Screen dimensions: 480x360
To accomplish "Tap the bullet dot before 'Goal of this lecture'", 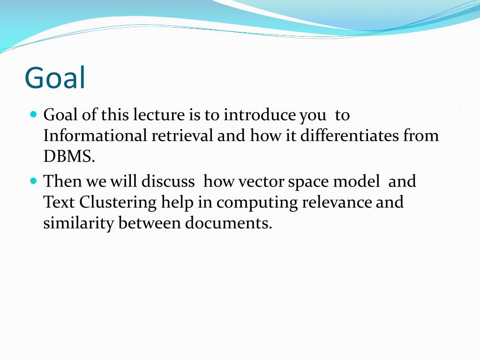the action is click(34, 114).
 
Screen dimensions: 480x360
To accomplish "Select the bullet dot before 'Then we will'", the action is click(34, 180).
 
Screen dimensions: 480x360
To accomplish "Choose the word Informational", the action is click(95, 135).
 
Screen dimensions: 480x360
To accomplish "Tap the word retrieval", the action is click(182, 135).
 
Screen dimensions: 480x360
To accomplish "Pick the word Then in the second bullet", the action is click(62, 181).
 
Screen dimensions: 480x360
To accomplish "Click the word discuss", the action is click(168, 181).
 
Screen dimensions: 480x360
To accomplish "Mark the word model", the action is click(356, 181).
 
